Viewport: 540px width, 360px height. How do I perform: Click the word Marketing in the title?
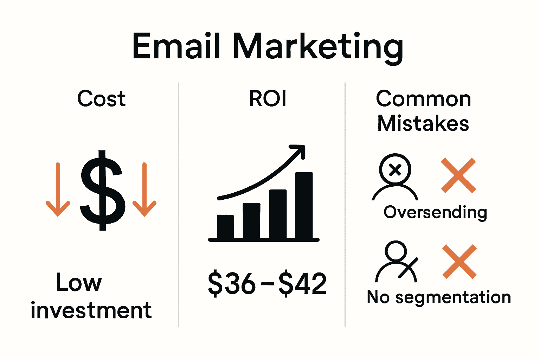(x=318, y=47)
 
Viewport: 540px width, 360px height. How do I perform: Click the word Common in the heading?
(x=423, y=99)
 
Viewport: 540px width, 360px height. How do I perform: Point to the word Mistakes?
(x=423, y=123)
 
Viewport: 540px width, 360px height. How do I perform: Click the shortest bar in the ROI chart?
(x=225, y=226)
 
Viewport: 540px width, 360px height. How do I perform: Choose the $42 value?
(x=303, y=283)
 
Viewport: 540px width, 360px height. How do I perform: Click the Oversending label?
(x=435, y=212)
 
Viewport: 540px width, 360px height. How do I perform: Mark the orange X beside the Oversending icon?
(x=458, y=175)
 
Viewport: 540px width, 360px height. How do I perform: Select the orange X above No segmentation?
(x=459, y=262)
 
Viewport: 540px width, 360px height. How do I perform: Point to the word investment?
(x=91, y=310)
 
